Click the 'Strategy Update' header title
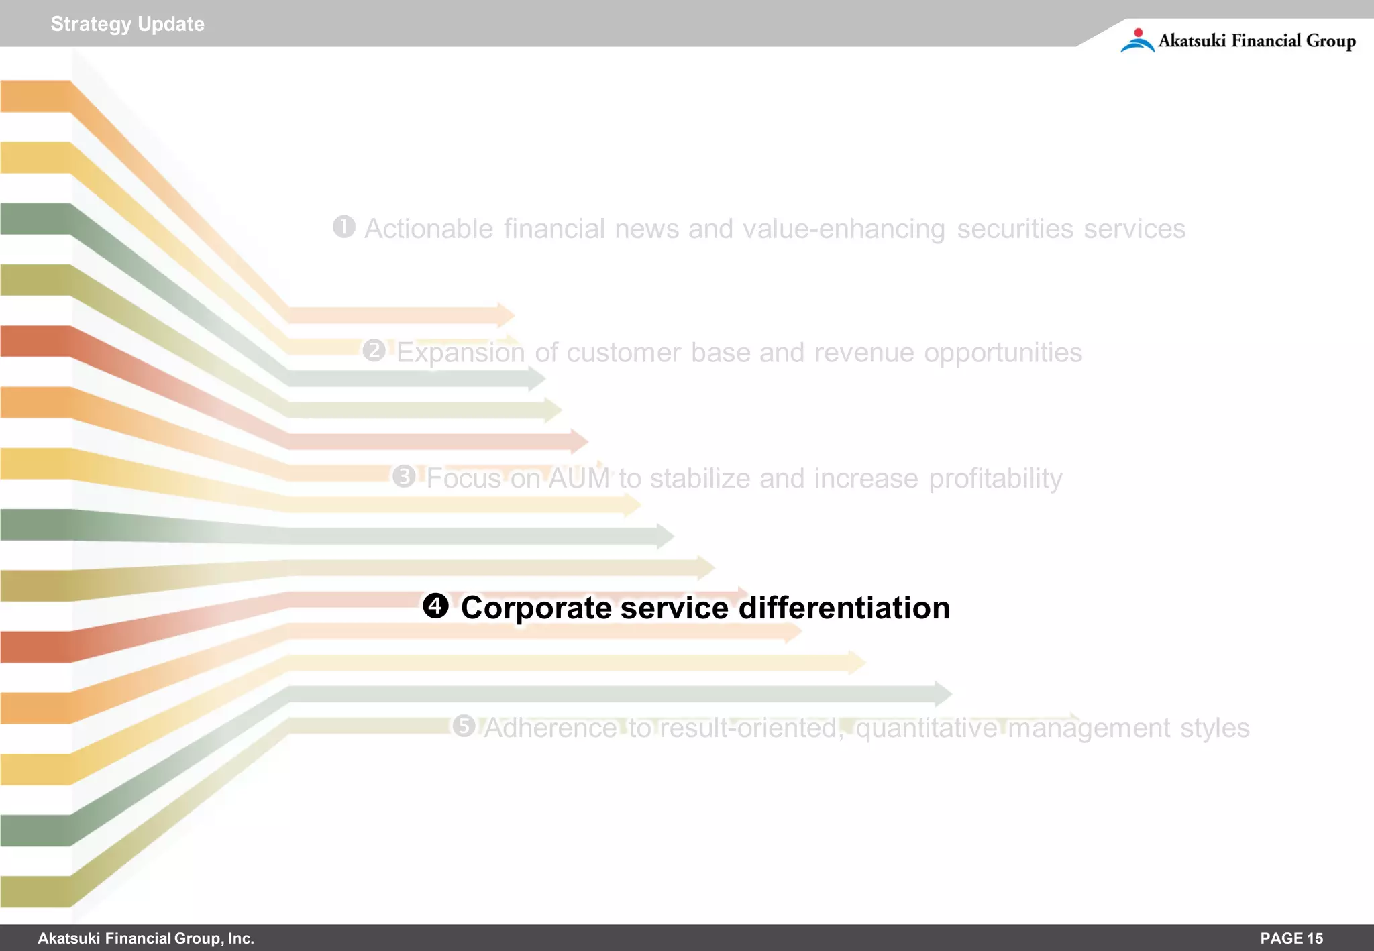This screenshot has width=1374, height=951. click(127, 24)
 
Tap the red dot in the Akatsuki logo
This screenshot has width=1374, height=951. click(1138, 33)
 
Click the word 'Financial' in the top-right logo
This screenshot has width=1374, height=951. click(1265, 41)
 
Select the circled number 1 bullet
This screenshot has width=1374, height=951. click(344, 227)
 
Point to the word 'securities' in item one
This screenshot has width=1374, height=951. click(1014, 229)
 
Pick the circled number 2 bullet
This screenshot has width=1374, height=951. click(374, 350)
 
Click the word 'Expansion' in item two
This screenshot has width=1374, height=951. click(460, 353)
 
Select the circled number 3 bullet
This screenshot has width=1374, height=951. click(405, 476)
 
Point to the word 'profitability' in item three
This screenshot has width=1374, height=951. click(995, 479)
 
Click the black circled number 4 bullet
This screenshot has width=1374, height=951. click(435, 606)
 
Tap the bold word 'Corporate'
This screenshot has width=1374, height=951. click(536, 608)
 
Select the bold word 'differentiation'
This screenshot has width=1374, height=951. click(844, 608)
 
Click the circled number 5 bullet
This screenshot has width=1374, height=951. click(464, 726)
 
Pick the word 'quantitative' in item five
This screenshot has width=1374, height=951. click(927, 728)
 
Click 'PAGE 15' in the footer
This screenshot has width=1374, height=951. click(1291, 938)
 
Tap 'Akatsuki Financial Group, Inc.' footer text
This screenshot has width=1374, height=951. click(146, 938)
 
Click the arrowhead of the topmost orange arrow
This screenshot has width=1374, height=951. click(507, 315)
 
